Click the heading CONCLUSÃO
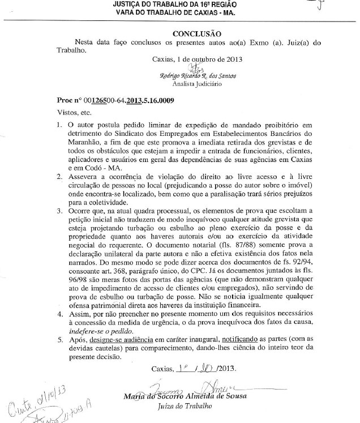pyautogui.click(x=196, y=33)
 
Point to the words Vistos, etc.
pyautogui.click(x=74, y=112)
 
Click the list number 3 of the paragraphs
pyautogui.click(x=60, y=211)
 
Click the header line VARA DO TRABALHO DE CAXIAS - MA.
pyautogui.click(x=181, y=12)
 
